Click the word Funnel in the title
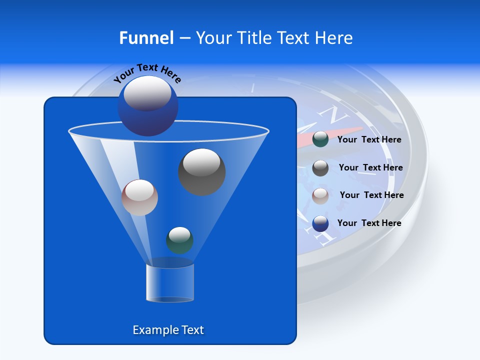[146, 38]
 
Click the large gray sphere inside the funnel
[201, 172]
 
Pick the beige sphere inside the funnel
[139, 197]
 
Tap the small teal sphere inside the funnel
[179, 240]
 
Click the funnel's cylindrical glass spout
[170, 282]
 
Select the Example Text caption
[168, 330]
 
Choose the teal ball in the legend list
[320, 139]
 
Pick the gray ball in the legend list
[320, 168]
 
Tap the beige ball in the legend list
[320, 195]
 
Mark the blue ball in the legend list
[320, 223]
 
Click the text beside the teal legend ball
[369, 140]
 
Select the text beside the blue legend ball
[369, 223]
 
